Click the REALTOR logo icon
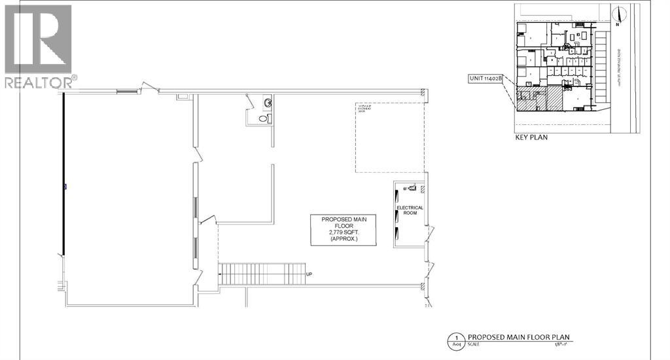click(38, 39)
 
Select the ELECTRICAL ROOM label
click(410, 211)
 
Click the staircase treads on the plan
click(262, 274)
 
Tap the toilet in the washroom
click(263, 118)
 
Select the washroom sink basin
click(268, 103)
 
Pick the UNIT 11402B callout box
click(485, 79)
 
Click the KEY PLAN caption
click(531, 138)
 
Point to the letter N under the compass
click(617, 25)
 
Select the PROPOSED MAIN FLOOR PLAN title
click(523, 337)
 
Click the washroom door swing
click(251, 101)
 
